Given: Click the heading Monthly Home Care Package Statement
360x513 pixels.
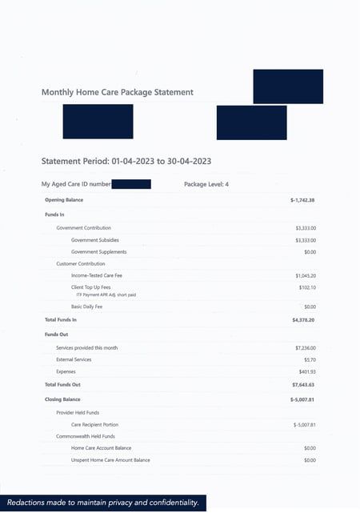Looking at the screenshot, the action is tap(117, 92).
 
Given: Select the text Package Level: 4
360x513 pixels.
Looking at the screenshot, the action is tap(206, 184).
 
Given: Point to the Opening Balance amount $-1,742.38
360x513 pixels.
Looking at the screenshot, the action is tap(302, 199).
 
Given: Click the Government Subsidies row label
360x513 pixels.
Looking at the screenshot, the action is tap(99, 239).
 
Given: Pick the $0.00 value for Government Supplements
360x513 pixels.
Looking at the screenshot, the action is tap(310, 252).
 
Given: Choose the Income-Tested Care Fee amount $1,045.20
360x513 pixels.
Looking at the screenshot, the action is tap(306, 275).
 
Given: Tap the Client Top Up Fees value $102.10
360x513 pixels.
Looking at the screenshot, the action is tap(307, 287).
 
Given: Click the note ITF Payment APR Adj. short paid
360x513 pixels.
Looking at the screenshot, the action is tap(106, 295).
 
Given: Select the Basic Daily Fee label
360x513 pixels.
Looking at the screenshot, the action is tap(88, 307).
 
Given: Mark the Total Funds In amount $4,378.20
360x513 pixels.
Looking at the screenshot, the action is tap(304, 319).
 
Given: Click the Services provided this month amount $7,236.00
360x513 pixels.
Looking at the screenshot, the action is tap(306, 348).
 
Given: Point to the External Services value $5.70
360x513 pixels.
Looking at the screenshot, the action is tap(310, 359).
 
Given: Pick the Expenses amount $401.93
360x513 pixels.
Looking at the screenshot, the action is tap(307, 371).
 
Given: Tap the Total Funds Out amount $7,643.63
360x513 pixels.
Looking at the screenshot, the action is tap(304, 385).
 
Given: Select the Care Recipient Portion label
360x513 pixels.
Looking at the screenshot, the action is tap(101, 424).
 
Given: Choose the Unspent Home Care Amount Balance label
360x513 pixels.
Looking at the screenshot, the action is tap(110, 460).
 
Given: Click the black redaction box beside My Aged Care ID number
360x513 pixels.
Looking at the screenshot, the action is tap(131, 184).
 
